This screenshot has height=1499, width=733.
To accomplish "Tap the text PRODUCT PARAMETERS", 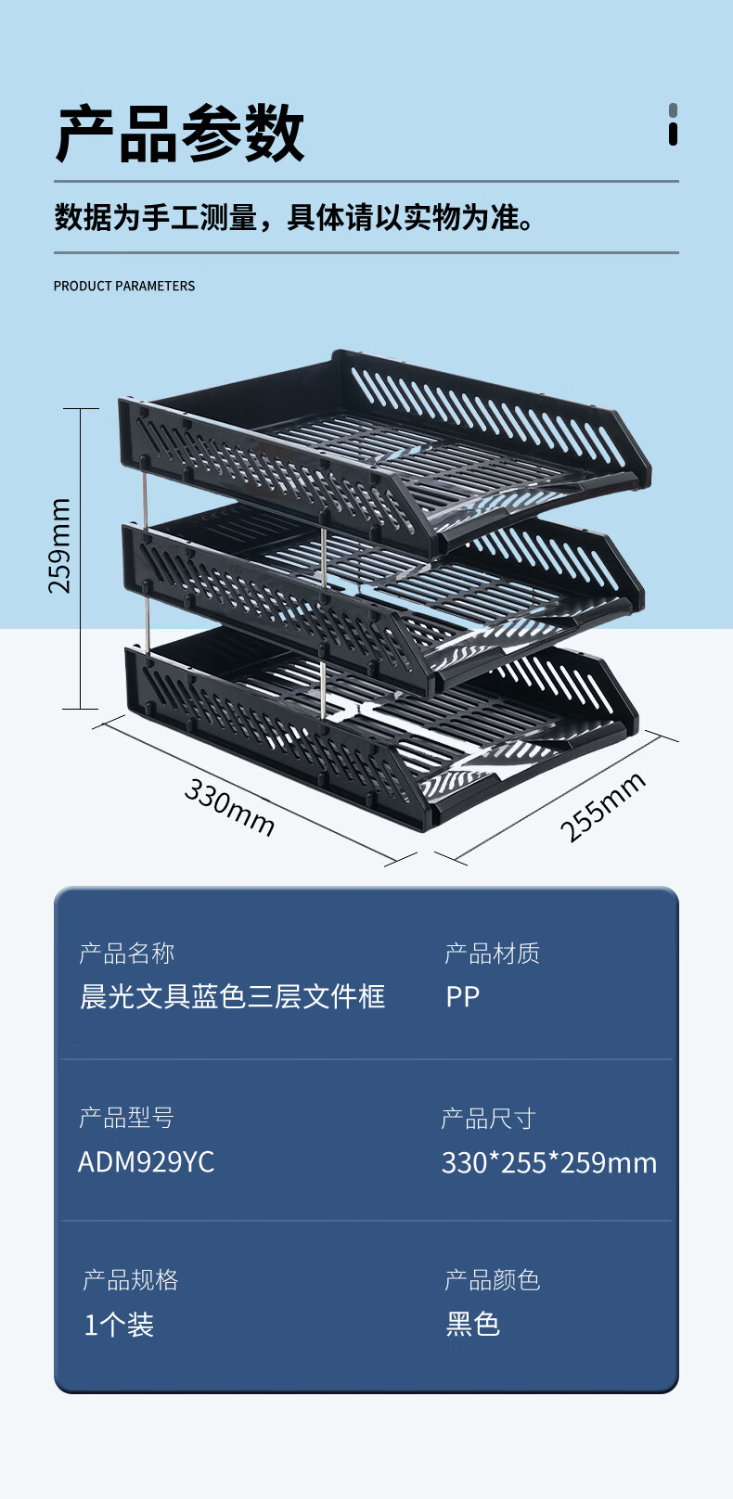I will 124,286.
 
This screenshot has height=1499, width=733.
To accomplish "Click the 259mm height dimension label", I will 59,545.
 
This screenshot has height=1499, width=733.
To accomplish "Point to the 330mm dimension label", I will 229,807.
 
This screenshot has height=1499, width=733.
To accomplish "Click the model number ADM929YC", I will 146,1161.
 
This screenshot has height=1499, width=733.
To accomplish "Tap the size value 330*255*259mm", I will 548,1162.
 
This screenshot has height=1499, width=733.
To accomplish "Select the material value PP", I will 462,996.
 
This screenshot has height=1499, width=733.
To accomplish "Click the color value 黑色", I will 472,1324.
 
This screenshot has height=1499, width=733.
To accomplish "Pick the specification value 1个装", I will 119,1324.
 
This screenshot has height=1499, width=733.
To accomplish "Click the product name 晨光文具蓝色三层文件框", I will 232,996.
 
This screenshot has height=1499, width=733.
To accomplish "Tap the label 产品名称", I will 126,953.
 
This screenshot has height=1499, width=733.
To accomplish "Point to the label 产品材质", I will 492,953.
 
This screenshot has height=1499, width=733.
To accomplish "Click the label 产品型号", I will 126,1117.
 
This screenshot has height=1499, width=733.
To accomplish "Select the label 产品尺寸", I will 488,1118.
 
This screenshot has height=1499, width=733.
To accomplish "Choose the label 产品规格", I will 130,1279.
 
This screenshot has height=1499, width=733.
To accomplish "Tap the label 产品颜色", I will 492,1279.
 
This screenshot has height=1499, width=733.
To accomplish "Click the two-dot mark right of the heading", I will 673,124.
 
